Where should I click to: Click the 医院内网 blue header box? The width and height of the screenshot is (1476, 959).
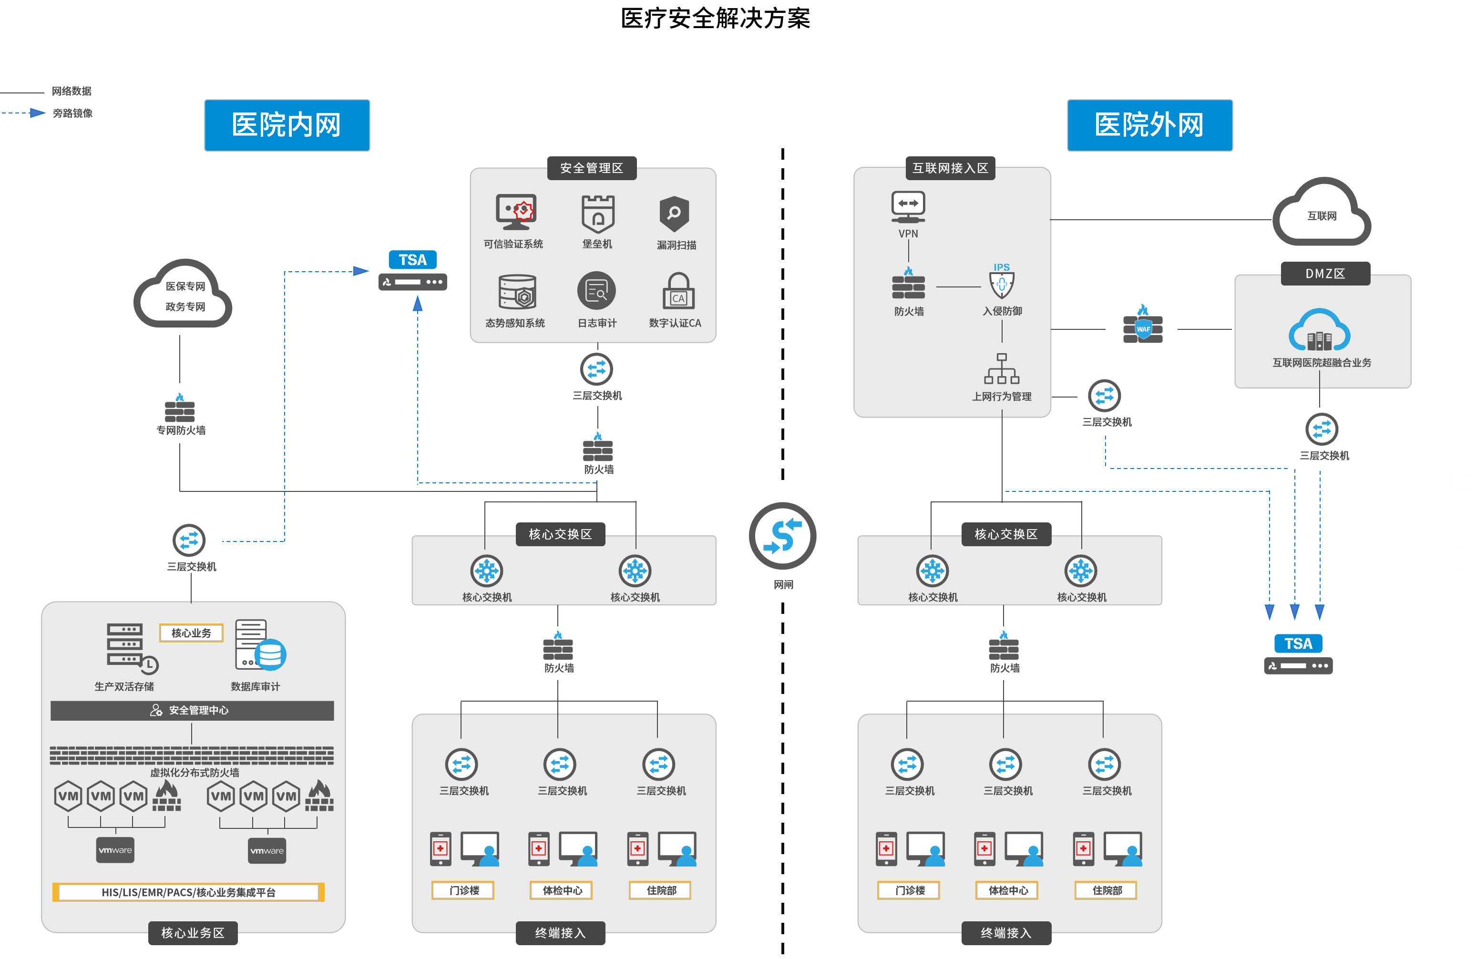pyautogui.click(x=287, y=125)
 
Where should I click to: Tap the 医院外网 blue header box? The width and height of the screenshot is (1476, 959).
pyautogui.click(x=1149, y=125)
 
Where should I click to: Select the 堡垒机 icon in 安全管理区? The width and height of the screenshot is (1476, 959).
pyautogui.click(x=597, y=214)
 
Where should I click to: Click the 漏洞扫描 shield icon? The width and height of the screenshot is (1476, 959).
pyautogui.click(x=674, y=214)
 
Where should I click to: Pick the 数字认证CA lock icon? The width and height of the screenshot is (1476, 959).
pyautogui.click(x=678, y=291)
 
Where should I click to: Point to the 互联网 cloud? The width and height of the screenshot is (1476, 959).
pyautogui.click(x=1322, y=214)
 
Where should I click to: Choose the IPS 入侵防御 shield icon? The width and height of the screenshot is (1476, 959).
pyautogui.click(x=1002, y=282)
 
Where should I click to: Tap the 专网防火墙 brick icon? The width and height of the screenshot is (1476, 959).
pyautogui.click(x=179, y=408)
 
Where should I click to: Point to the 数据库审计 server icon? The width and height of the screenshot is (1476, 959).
pyautogui.click(x=260, y=645)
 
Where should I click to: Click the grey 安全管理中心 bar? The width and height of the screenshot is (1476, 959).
pyautogui.click(x=192, y=710)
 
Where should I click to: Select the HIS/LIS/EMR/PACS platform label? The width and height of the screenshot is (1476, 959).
pyautogui.click(x=188, y=892)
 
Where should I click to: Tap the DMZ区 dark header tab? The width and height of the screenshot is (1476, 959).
pyautogui.click(x=1325, y=274)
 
